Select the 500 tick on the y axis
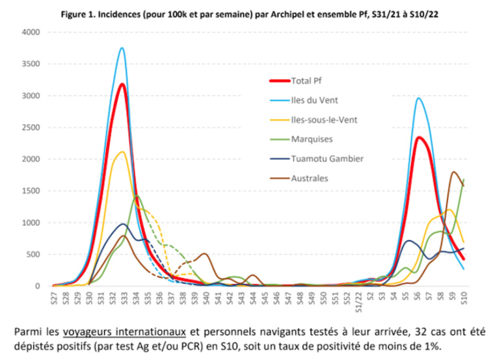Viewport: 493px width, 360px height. click(33, 254)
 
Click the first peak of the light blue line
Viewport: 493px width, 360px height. click(122, 47)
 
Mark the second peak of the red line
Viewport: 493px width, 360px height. click(420, 137)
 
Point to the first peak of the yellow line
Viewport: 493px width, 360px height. click(122, 151)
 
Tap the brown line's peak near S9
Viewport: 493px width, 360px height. click(453, 172)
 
